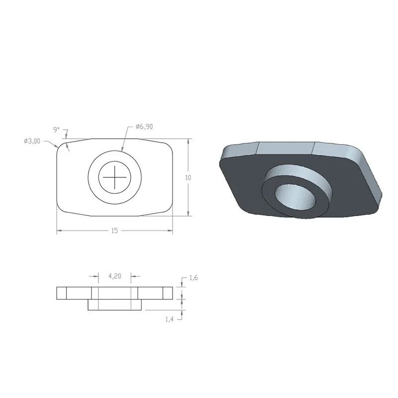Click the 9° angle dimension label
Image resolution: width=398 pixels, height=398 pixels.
click(56, 130)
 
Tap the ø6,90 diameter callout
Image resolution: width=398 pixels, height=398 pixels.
click(144, 127)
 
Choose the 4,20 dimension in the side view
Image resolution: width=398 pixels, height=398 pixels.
click(114, 277)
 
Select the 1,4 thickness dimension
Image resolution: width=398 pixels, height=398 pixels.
click(169, 319)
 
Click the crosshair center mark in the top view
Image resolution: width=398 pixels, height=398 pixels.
click(115, 176)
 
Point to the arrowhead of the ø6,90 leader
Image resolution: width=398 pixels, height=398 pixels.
click(122, 150)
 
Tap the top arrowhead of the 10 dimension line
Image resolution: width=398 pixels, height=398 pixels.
click(188, 141)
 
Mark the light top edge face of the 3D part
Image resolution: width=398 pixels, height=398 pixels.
click(288, 148)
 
